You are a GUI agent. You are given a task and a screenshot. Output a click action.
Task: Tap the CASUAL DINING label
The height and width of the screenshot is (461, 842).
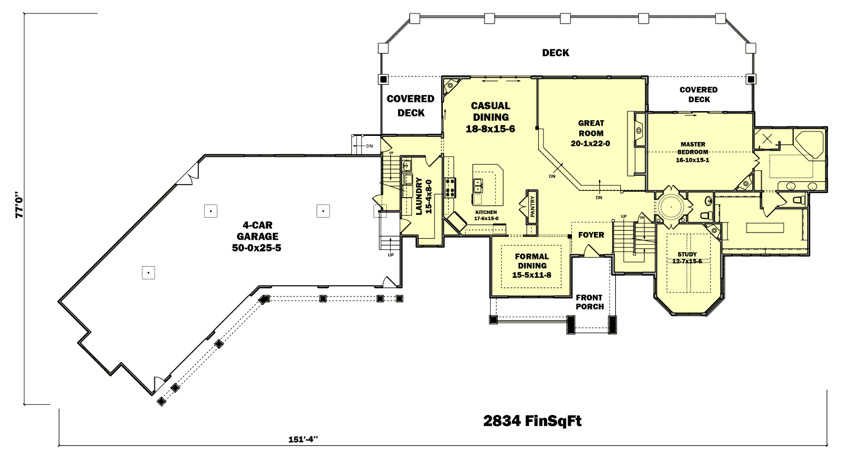click(490, 111)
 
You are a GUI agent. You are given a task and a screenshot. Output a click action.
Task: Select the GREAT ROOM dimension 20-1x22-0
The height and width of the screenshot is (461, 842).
click(591, 144)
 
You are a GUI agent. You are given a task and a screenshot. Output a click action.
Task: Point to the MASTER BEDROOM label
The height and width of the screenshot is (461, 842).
click(693, 148)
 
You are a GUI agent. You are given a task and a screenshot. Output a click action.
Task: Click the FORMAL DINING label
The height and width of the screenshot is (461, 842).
click(532, 261)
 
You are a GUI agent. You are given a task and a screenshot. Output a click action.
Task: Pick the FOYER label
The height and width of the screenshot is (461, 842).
click(591, 235)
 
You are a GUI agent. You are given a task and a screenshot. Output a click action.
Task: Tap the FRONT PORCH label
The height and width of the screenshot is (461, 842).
click(589, 302)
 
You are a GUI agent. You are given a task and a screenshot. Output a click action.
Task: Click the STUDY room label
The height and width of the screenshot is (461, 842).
click(687, 254)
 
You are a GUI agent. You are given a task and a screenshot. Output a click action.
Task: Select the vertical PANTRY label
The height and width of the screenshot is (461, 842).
click(532, 207)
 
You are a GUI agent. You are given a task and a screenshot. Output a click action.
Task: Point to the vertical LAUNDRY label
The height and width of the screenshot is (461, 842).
click(419, 196)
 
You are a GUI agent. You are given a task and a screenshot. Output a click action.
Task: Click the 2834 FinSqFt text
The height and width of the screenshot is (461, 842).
click(532, 421)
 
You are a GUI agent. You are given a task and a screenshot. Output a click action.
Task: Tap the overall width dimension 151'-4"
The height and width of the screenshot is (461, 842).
click(303, 440)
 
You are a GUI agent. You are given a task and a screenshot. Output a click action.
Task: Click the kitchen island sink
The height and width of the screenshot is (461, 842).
click(477, 185)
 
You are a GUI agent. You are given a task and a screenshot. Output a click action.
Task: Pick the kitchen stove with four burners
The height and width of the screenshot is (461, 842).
click(450, 188)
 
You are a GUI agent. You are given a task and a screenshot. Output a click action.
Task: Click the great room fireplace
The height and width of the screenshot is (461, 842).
click(639, 131)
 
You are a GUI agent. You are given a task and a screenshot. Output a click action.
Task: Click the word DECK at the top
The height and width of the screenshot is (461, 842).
click(555, 53)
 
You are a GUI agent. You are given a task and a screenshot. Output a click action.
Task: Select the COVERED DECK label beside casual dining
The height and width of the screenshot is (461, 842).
click(410, 106)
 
